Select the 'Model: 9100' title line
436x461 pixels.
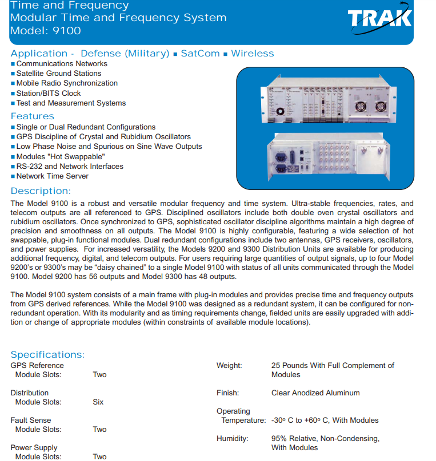(46, 31)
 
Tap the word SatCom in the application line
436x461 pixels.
(200, 54)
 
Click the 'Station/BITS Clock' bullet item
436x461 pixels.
(49, 93)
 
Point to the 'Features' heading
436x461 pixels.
(33, 116)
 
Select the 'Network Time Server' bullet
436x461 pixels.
(53, 176)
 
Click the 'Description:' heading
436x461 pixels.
(41, 191)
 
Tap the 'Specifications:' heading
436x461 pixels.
(47, 355)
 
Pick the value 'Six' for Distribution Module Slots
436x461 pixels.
(98, 402)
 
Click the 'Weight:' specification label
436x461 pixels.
(229, 366)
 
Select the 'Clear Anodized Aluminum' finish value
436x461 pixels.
(315, 393)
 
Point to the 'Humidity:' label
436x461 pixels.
(233, 439)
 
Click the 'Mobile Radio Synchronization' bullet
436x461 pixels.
(67, 83)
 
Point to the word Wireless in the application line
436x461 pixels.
(253, 54)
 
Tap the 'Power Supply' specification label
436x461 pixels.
(34, 448)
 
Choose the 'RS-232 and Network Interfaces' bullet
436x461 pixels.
(70, 167)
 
